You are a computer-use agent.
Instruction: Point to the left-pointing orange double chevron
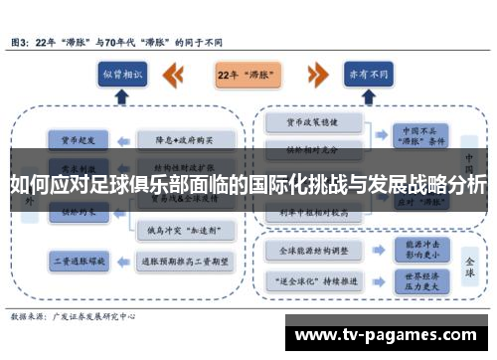tap(175, 74)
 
